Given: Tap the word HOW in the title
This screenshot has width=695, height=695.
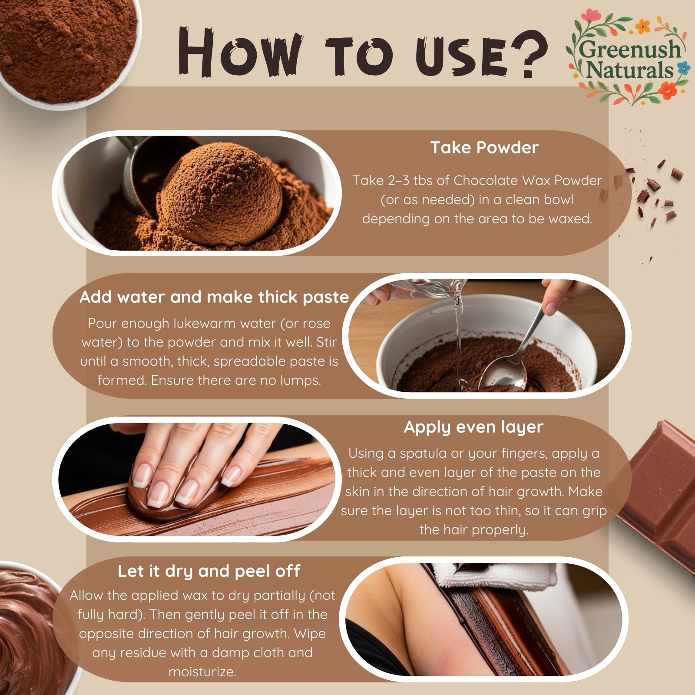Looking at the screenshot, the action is (238, 52).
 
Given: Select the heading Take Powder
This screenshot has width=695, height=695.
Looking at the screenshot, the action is (484, 148).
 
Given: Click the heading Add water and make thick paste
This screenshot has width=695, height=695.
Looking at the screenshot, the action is (215, 297).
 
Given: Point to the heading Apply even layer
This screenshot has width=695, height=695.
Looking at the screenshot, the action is (473, 427).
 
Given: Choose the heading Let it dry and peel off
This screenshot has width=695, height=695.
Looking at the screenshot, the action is (209, 571).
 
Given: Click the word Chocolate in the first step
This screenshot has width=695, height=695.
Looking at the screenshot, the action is (486, 180).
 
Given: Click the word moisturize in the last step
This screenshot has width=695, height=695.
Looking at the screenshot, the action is (202, 672).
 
